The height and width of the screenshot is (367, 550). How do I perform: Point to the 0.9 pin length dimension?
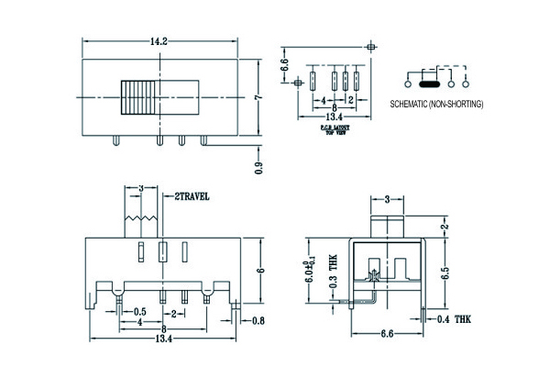(x=259, y=167)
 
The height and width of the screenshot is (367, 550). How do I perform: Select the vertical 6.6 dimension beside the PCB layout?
(x=285, y=64)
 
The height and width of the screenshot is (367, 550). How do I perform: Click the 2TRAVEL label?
(x=192, y=196)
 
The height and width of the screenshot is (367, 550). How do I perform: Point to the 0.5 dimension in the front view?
(x=141, y=311)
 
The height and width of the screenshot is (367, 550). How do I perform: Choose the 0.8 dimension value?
(x=258, y=320)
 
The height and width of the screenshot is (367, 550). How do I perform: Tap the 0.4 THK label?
(x=461, y=320)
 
